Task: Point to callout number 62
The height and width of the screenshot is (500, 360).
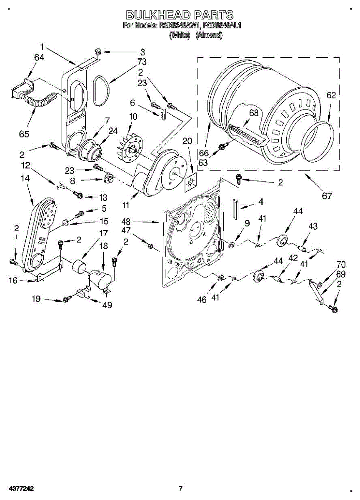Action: [331, 95]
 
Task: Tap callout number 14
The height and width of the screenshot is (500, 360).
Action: [25, 178]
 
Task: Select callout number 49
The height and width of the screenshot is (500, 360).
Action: [107, 305]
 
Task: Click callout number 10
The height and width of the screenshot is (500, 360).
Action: [132, 117]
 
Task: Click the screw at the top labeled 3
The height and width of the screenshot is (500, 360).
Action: [99, 52]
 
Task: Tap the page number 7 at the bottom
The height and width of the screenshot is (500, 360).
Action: [180, 488]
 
